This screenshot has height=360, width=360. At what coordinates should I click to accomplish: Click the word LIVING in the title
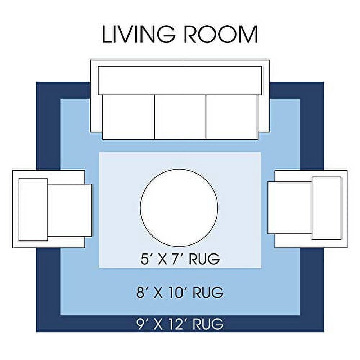click(139, 35)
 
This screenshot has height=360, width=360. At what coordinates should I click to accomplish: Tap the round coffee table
click(179, 208)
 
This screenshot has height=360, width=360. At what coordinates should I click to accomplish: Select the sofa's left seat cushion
click(129, 117)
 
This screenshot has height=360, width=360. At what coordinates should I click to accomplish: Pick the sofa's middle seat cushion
click(180, 117)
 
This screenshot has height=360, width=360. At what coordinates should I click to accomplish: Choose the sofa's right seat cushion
click(232, 117)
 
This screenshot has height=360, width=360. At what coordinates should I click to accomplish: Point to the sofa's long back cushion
click(180, 81)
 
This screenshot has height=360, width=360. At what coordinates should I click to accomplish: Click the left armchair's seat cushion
click(69, 210)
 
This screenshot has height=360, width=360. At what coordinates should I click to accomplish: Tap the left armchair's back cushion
click(33, 210)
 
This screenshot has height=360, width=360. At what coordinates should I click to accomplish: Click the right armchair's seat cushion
click(290, 208)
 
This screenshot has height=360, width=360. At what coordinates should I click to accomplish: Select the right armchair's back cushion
click(326, 208)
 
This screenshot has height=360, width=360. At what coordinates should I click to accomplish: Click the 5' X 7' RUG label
click(180, 259)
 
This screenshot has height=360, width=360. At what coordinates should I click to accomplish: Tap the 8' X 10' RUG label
click(180, 292)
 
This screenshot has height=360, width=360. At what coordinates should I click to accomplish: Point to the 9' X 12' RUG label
click(180, 324)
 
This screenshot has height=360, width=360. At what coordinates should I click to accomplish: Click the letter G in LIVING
click(166, 35)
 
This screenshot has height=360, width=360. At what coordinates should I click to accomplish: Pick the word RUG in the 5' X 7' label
click(204, 259)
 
